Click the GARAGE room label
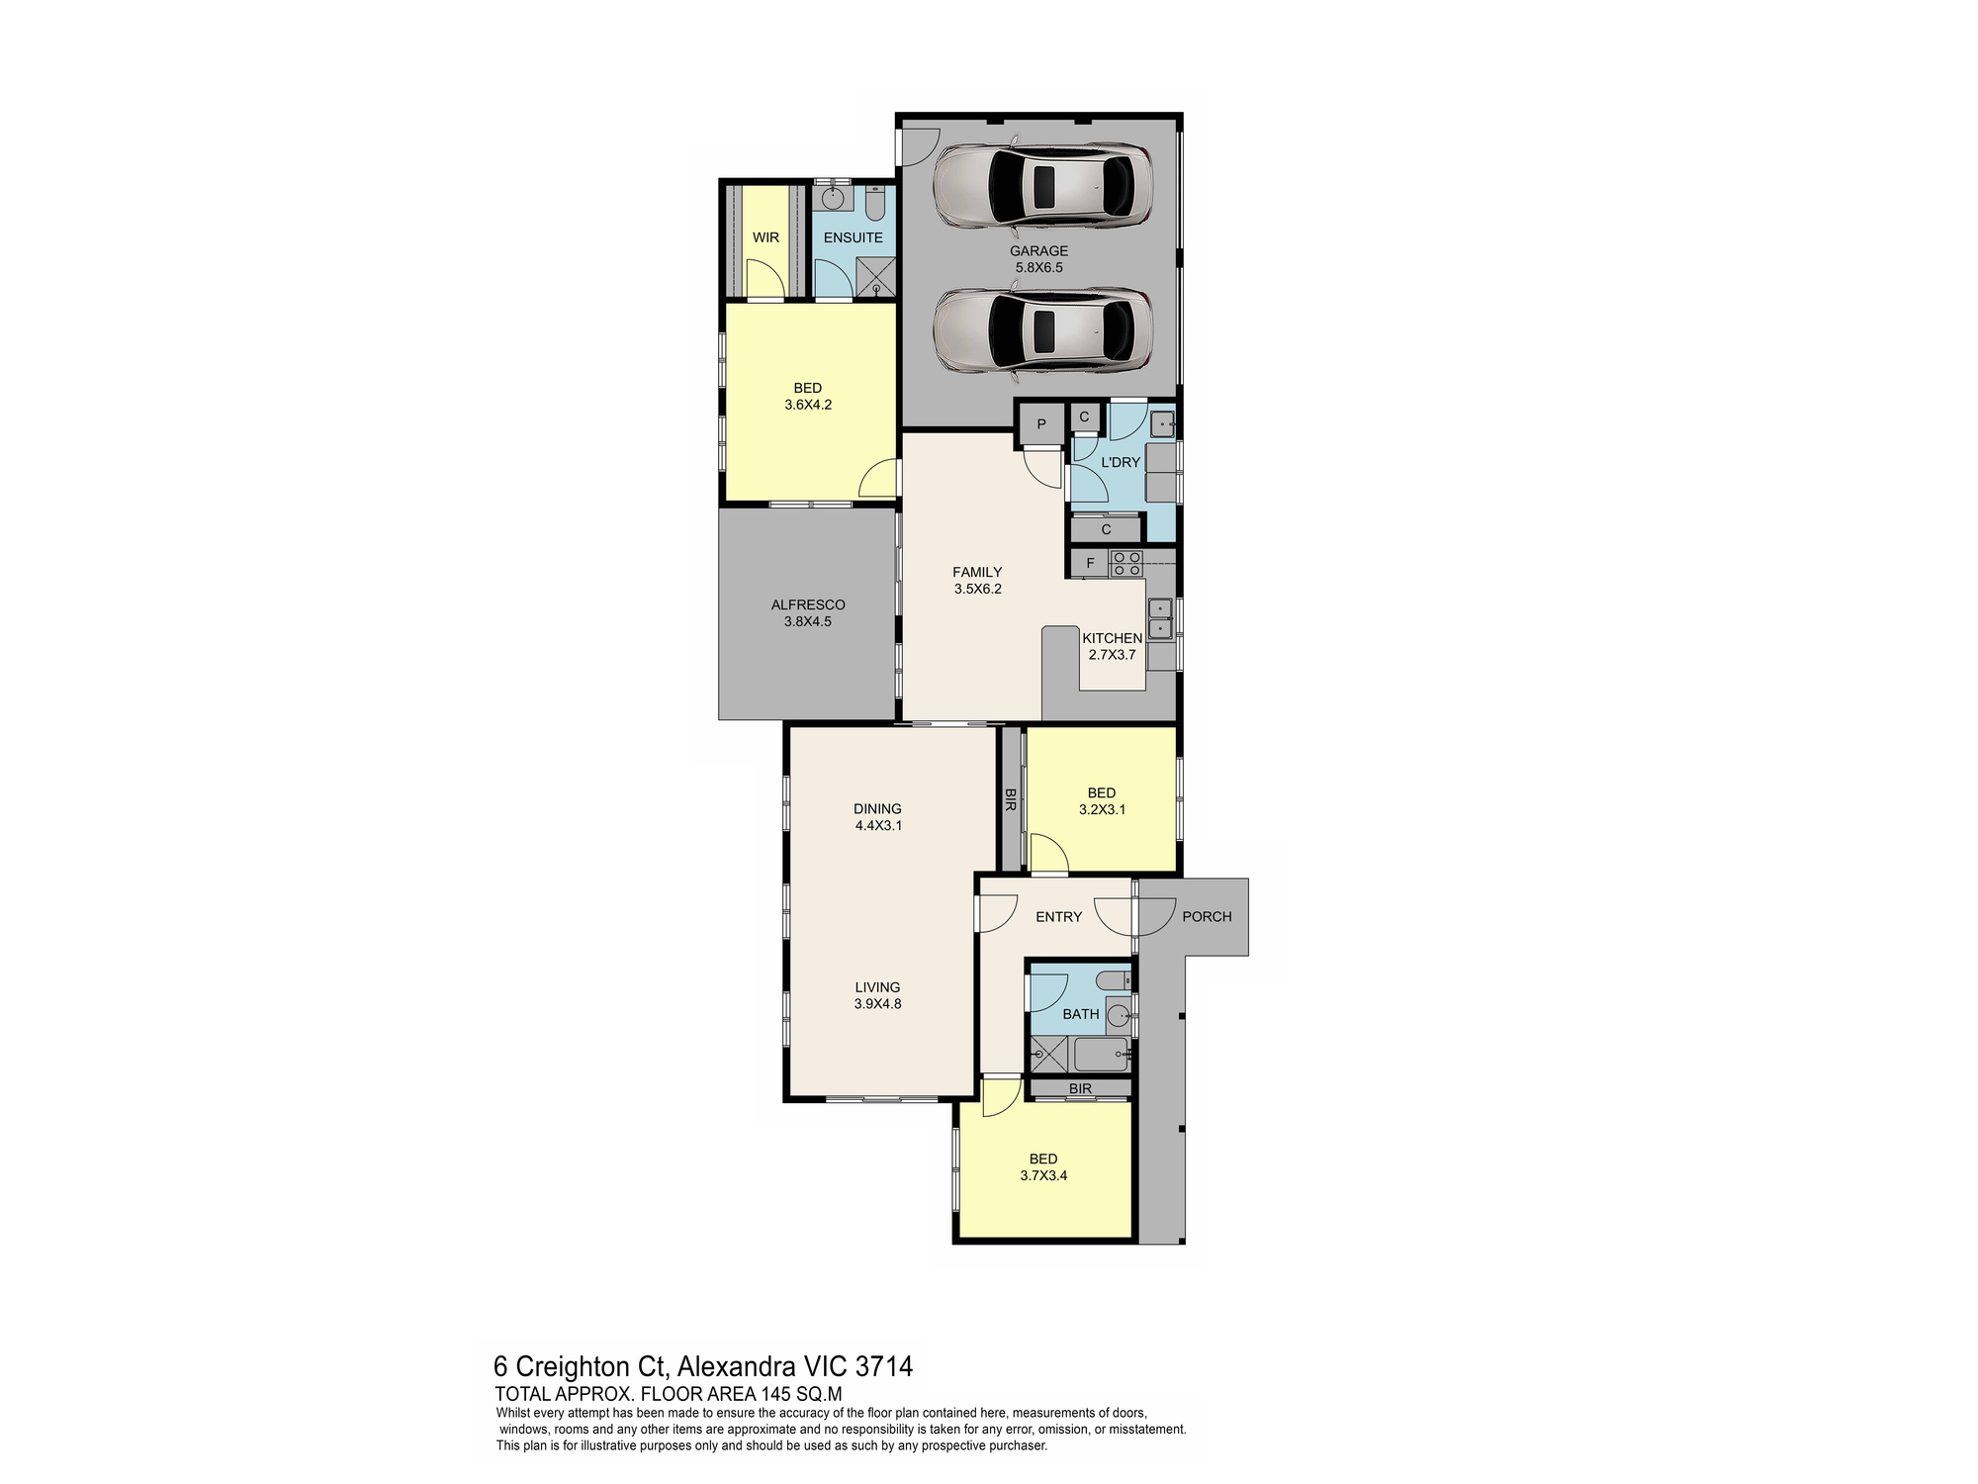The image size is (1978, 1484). tap(1038, 251)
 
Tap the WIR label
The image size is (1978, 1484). tap(765, 237)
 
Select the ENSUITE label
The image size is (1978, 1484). tap(853, 237)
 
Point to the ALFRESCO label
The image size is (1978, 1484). tap(808, 604)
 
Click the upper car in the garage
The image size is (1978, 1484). tap(1042, 185)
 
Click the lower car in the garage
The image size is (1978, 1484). tap(1042, 330)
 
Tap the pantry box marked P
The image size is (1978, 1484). tap(1041, 424)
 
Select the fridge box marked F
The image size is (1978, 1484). tap(1090, 563)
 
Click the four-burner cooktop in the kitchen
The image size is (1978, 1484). tap(1125, 563)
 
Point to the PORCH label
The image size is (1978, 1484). tap(1207, 916)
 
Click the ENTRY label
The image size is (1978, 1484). tap(1058, 916)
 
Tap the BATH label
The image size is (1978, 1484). tap(1081, 1013)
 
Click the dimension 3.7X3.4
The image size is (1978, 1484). tap(1043, 1175)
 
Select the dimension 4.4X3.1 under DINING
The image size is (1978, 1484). tap(878, 824)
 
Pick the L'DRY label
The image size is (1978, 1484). tap(1121, 462)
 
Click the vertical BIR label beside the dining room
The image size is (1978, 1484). tap(1011, 799)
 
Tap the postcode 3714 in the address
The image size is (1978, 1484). tap(883, 1366)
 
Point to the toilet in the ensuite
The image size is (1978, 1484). tap(875, 204)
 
